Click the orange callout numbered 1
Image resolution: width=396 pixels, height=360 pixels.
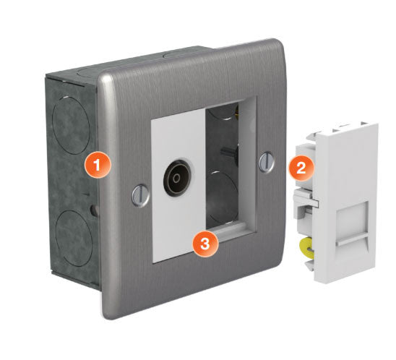[98, 165]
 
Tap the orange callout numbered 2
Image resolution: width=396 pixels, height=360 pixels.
[301, 168]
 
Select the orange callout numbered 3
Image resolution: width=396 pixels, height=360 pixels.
[205, 244]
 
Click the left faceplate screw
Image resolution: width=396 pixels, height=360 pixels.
[141, 195]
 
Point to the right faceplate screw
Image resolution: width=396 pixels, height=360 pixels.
[267, 162]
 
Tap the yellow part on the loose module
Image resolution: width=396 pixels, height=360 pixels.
[306, 249]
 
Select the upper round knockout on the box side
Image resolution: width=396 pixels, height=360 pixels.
[71, 125]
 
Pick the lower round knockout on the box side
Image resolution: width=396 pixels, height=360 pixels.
[74, 238]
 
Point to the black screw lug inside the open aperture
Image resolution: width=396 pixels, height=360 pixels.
[229, 153]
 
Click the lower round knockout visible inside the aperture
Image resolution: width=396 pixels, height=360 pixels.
[222, 197]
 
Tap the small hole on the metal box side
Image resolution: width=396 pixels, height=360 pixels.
[94, 210]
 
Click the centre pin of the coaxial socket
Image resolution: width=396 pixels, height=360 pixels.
[177, 179]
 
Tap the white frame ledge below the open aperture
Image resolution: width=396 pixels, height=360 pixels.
[231, 229]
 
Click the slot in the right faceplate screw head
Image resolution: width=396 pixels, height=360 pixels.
[267, 161]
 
